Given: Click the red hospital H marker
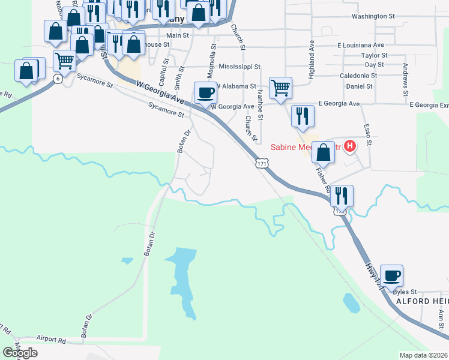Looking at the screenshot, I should [349, 146].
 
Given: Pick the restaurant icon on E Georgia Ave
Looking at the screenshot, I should [302, 115].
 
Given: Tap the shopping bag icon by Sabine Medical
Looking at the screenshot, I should [323, 153].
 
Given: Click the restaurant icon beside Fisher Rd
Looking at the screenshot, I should [341, 196].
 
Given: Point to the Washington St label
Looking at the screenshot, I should [373, 17].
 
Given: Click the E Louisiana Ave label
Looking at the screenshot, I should [361, 45].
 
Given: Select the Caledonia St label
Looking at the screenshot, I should [358, 76].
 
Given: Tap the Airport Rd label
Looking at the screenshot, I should [51, 340].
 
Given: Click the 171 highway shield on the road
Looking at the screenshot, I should [261, 163].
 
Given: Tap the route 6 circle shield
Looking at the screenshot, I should [57, 79].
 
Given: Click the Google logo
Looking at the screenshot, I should [20, 353].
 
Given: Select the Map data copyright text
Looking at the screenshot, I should [424, 355].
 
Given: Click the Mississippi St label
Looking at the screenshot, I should [240, 67].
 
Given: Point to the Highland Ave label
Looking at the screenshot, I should [312, 53].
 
